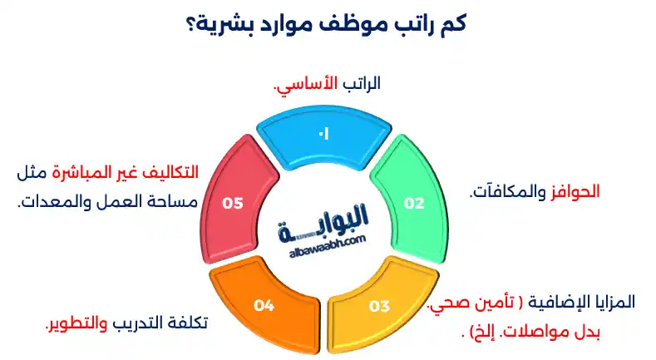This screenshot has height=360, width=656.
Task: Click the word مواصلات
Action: pyautogui.click(x=542, y=332)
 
